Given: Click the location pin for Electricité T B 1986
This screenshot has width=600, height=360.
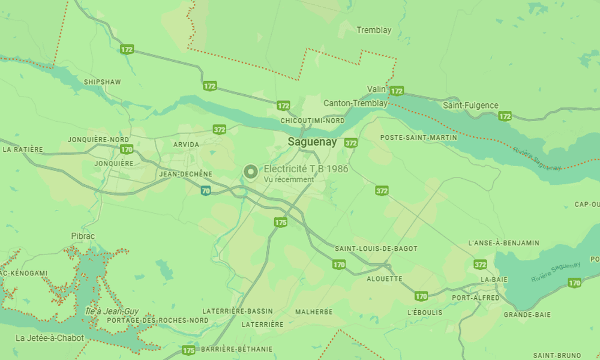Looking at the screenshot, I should tap(250, 172).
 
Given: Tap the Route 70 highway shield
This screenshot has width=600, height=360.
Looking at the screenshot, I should tap(206, 191).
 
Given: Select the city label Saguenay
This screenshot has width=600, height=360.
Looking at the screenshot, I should tap(312, 142).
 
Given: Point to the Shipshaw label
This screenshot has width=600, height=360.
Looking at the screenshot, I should tap(102, 82).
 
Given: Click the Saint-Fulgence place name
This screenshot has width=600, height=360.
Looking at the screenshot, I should tap(470, 106).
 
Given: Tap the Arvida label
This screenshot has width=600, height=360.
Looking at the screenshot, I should tap(185, 145).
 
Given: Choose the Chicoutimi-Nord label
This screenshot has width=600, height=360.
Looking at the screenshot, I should tap(313, 121).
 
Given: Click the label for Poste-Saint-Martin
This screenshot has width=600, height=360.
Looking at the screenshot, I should tap(419, 138).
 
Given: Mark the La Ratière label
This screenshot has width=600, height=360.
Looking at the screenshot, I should tap(23, 149).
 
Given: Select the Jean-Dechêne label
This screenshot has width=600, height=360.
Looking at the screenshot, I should tap(186, 174).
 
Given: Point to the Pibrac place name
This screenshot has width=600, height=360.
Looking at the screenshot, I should tap(83, 236).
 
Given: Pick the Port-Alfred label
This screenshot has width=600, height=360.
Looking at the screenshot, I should tap(476, 298).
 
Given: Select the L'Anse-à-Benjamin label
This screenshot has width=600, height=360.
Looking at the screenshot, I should tap(503, 243).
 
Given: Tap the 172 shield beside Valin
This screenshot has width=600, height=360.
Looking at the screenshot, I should tap(397, 91).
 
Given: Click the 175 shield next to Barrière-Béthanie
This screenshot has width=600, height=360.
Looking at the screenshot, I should tap(188, 350).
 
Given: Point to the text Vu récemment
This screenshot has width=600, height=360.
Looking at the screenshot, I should tap(289, 179).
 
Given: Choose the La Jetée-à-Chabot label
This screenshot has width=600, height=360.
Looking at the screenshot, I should tap(50, 338).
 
